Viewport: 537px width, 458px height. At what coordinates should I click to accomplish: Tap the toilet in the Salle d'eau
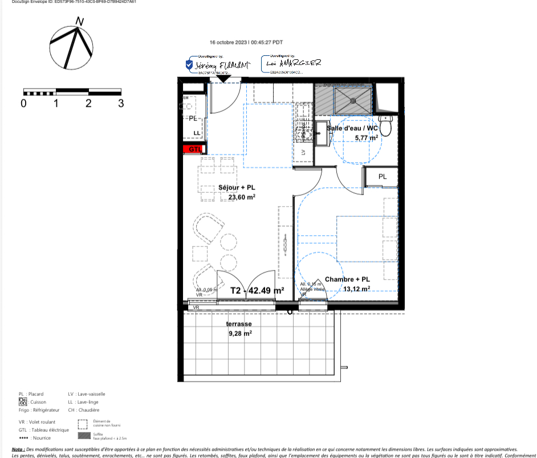click(x=387, y=125)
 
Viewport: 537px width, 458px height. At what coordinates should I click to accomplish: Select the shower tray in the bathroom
click(x=352, y=98)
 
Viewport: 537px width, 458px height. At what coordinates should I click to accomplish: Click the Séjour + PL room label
click(x=237, y=188)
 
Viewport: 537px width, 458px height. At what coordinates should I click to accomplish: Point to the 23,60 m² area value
click(x=242, y=197)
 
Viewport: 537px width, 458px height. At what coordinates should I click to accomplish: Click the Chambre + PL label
click(x=347, y=279)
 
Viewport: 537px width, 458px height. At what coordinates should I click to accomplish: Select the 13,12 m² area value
click(x=357, y=289)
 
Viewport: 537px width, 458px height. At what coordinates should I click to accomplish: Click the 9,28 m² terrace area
click(x=240, y=334)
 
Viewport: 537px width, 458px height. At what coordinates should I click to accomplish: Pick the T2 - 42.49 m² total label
click(x=257, y=290)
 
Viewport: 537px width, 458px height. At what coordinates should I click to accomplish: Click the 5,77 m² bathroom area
click(x=366, y=137)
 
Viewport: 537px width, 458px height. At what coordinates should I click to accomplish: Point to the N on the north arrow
click(x=80, y=21)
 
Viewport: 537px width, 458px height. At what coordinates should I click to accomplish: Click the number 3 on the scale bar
click(x=121, y=103)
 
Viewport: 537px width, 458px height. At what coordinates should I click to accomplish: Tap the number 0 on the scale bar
click(x=23, y=103)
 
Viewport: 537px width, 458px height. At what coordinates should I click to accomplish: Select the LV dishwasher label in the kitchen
click(x=303, y=152)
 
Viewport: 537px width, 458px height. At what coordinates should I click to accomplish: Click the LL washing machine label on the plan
click(x=197, y=133)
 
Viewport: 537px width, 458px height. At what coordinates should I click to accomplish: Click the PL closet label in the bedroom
click(x=383, y=177)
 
